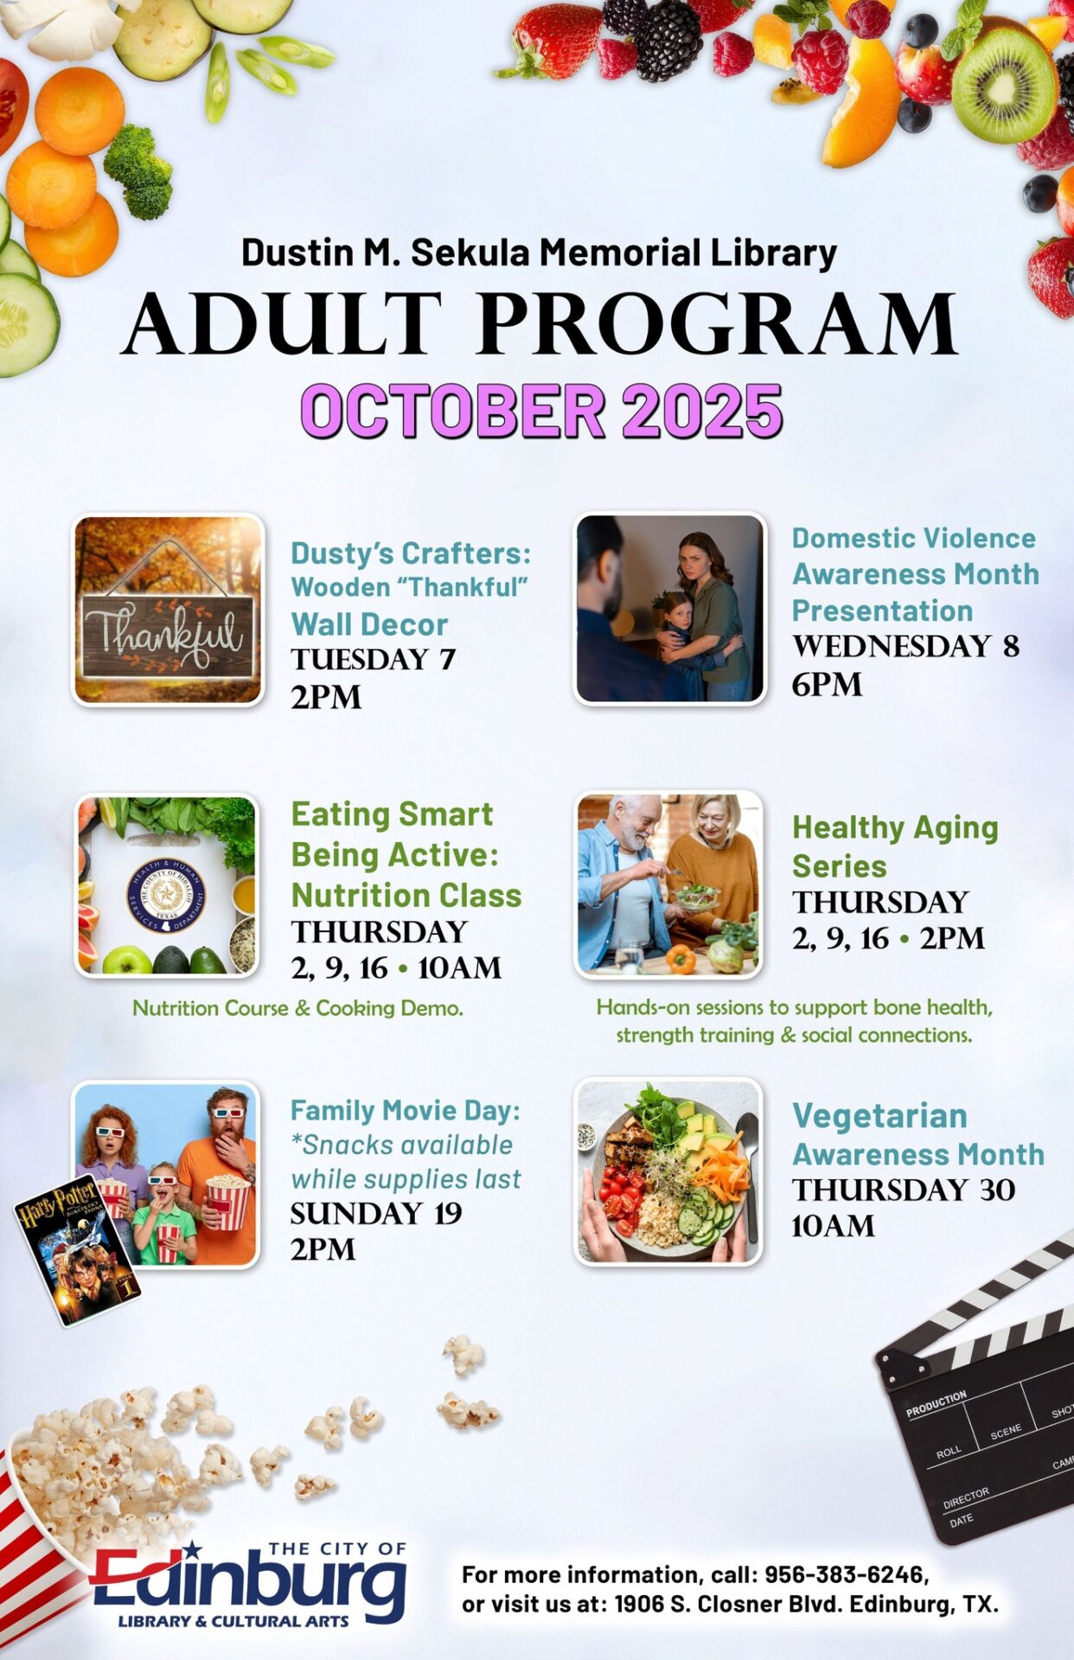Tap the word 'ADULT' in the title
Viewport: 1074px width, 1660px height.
pyautogui.click(x=283, y=324)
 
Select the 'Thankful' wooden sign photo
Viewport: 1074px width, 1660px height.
pyautogui.click(x=168, y=610)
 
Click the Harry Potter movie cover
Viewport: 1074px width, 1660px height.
pyautogui.click(x=76, y=1248)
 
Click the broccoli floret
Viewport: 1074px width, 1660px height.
pyautogui.click(x=139, y=170)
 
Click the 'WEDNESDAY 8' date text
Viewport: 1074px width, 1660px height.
pyautogui.click(x=905, y=646)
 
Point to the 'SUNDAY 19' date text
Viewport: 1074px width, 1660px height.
pyautogui.click(x=376, y=1213)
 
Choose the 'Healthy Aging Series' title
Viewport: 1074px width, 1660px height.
pyautogui.click(x=895, y=846)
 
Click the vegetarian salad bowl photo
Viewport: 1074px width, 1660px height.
pyautogui.click(x=668, y=1172)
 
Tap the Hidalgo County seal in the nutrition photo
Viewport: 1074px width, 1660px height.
pyautogui.click(x=166, y=895)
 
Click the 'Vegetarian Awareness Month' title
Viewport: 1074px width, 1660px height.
pyautogui.click(x=918, y=1134)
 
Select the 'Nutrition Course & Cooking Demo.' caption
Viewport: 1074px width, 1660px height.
pyautogui.click(x=297, y=1008)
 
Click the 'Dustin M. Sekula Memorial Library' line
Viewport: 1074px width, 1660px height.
pyautogui.click(x=539, y=252)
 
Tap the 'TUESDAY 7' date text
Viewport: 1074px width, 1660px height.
pyautogui.click(x=373, y=660)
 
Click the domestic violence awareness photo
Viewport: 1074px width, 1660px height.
pyautogui.click(x=669, y=609)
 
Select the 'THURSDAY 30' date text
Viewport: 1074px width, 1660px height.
pyautogui.click(x=904, y=1190)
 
